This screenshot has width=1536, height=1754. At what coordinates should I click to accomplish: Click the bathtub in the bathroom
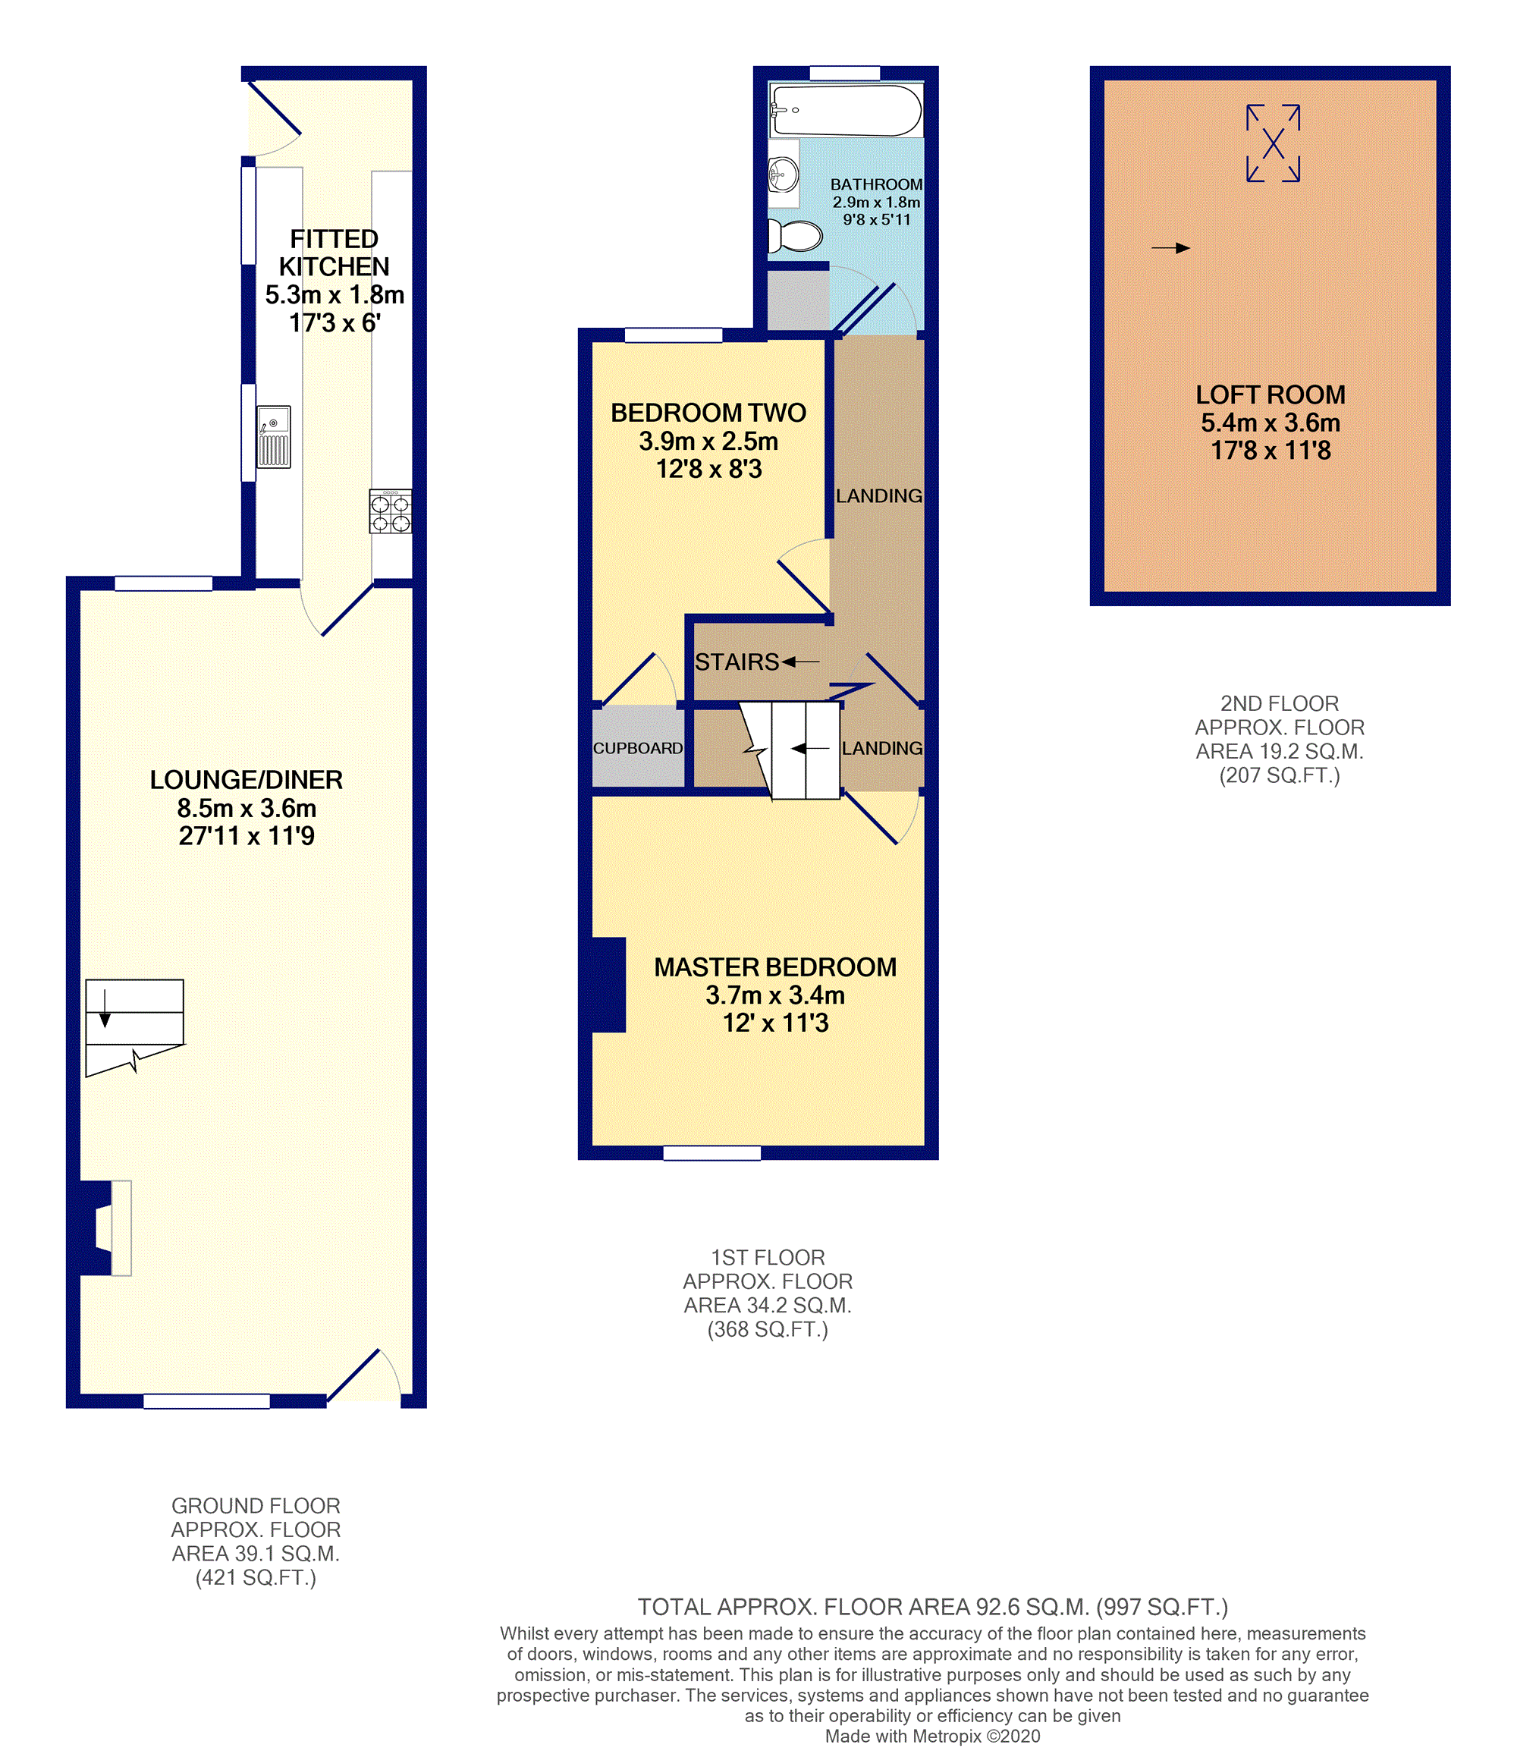[x=846, y=111]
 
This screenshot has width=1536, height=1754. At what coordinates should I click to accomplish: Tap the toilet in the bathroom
[x=795, y=236]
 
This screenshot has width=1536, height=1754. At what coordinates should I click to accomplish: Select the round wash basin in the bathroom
[x=784, y=176]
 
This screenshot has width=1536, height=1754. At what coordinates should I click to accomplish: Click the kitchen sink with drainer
[x=275, y=437]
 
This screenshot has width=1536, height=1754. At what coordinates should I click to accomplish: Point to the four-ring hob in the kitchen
[x=391, y=512]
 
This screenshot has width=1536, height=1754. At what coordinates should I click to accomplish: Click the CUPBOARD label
[x=638, y=748]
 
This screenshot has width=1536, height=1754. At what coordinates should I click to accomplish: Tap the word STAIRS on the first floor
[x=737, y=662]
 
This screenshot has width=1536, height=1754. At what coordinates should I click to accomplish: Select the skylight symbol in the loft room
[x=1273, y=143]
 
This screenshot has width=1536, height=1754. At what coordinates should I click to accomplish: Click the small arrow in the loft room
[x=1171, y=248]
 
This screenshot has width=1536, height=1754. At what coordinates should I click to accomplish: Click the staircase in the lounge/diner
[x=134, y=1027]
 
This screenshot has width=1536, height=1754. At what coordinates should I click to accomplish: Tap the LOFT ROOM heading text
[x=1271, y=395]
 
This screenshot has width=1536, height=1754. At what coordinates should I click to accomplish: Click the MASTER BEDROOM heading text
[x=775, y=967]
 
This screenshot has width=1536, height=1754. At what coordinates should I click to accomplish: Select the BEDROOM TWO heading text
[x=708, y=413]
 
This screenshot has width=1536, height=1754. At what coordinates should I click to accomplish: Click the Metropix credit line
[x=932, y=1736]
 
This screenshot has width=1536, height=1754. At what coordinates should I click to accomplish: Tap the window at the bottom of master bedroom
[x=712, y=1153]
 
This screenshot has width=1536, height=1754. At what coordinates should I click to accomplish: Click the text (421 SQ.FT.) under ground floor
[x=256, y=1577]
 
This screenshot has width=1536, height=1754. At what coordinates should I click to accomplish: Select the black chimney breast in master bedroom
[x=608, y=985]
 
